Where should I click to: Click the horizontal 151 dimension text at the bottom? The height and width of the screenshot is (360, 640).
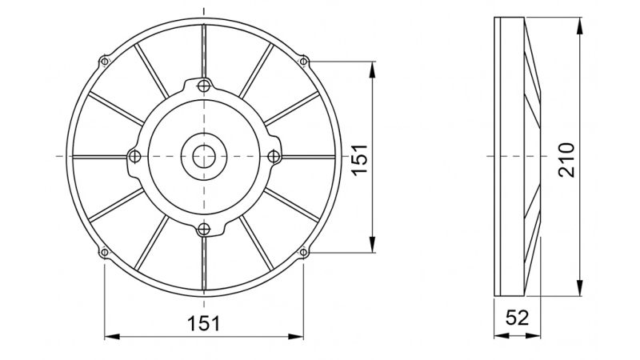click(x=204, y=323)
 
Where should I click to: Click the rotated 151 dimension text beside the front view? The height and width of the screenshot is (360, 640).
click(x=360, y=157)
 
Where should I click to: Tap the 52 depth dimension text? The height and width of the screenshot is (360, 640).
click(x=518, y=318)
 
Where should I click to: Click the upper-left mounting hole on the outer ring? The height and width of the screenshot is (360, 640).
click(x=104, y=61)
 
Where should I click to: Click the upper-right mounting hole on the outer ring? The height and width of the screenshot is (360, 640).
click(x=303, y=60)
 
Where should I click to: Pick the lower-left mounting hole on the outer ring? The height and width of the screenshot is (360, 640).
click(x=104, y=254)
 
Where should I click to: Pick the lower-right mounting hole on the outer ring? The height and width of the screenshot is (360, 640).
click(x=303, y=254)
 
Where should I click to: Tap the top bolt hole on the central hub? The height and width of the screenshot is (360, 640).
click(x=205, y=86)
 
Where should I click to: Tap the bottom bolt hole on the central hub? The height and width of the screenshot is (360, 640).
click(x=205, y=230)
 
